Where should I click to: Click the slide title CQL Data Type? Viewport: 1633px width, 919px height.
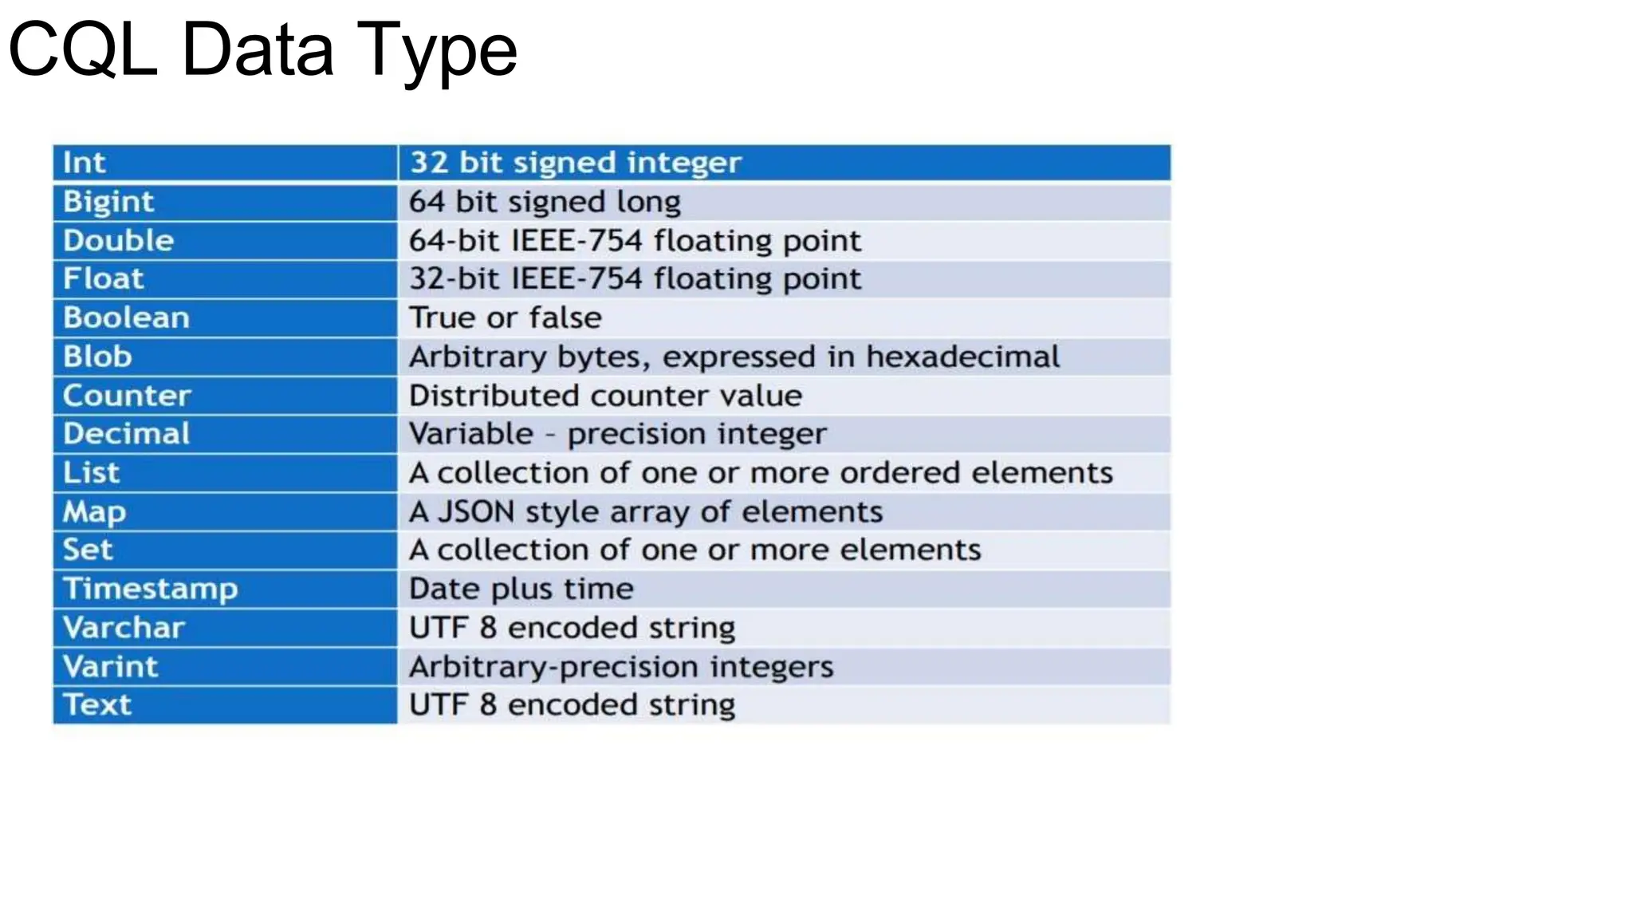(262, 50)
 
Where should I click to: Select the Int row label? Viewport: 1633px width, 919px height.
(84, 163)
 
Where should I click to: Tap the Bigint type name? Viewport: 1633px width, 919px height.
(108, 202)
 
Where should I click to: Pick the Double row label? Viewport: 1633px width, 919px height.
(118, 241)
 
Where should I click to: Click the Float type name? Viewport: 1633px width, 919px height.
(104, 279)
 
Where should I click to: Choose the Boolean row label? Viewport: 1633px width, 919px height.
(126, 318)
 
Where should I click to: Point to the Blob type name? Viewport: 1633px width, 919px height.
(97, 357)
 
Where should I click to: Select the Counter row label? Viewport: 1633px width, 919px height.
(127, 396)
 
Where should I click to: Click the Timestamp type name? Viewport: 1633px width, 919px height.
(150, 589)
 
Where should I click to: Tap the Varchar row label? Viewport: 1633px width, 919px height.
(124, 628)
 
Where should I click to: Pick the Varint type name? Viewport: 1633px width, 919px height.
(110, 667)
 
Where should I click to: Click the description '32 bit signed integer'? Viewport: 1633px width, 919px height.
(575, 163)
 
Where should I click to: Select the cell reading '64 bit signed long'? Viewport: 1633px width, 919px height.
(545, 202)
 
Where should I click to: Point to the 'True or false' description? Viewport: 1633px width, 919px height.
(505, 318)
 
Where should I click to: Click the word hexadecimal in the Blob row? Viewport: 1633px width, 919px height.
(962, 357)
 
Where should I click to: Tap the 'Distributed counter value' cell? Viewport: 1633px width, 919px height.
(605, 396)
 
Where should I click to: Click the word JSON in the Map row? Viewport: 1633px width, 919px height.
(476, 511)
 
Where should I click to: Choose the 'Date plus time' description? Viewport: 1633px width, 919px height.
(521, 589)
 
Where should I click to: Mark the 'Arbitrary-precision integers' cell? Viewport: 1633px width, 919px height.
(620, 667)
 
